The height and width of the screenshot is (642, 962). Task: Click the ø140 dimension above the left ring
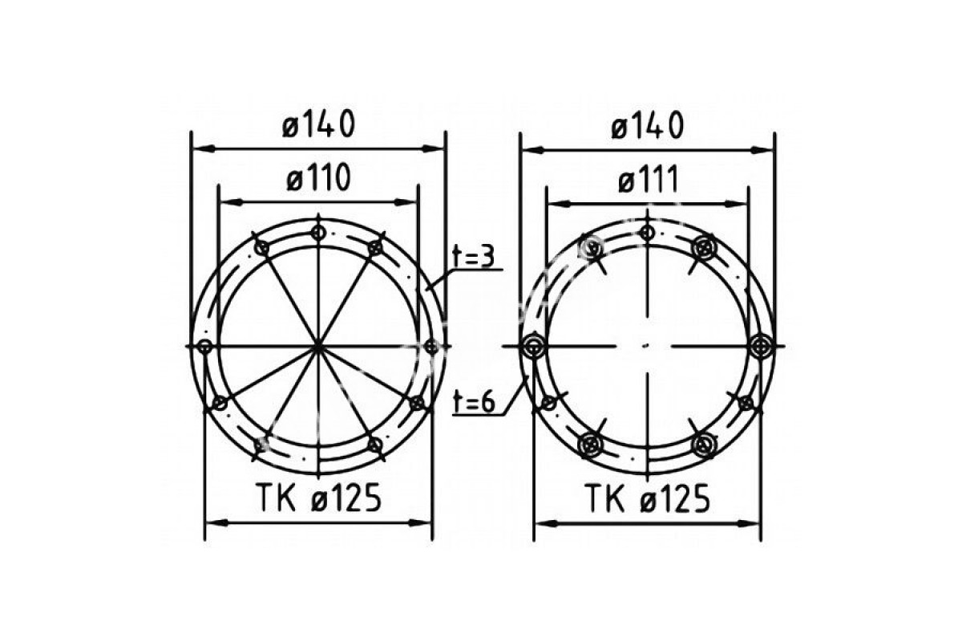pos(318,124)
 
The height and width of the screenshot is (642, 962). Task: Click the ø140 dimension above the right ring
pos(647,125)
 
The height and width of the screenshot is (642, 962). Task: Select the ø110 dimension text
pos(318,178)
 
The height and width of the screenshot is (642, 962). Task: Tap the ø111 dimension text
pos(648,179)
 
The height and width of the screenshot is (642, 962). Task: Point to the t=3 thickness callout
pos(474,257)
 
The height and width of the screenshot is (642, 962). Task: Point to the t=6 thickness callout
pos(474,403)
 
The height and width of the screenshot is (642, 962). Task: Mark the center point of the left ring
pos(317,346)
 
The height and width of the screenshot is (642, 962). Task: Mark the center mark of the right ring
pos(646,345)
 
